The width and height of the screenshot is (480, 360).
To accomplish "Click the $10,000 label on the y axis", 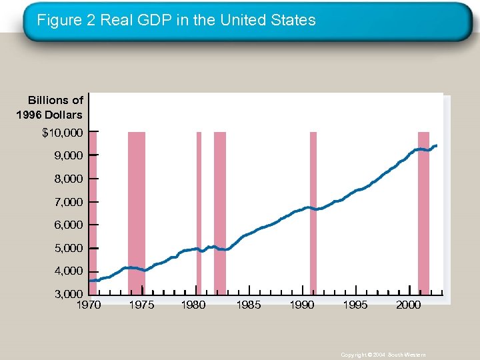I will [63, 133].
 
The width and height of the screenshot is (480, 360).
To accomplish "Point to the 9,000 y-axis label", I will [67, 155].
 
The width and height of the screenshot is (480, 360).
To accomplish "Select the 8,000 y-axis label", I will [67, 179].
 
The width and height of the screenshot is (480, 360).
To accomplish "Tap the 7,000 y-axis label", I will [67, 202].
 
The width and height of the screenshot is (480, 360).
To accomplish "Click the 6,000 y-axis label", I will [67, 225].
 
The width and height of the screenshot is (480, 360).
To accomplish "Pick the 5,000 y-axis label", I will [67, 248].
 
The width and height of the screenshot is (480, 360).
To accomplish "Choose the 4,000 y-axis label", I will [67, 271].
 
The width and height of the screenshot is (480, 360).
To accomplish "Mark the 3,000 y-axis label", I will [67, 294].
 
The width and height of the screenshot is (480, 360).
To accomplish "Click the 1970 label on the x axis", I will [89, 305].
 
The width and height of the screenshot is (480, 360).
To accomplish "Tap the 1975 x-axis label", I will [141, 305].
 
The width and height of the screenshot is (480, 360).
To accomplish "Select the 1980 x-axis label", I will [193, 305].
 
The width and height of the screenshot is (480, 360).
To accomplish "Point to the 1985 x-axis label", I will [248, 305].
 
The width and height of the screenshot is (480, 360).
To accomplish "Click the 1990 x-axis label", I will [301, 305].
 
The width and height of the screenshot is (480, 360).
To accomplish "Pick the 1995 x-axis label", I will [355, 305].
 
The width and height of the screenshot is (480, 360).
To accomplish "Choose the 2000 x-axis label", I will [408, 305].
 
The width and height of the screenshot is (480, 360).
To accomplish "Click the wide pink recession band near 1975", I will [136, 213].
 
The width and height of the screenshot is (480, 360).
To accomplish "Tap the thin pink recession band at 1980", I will [199, 213].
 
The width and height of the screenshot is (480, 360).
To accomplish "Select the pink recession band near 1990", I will [313, 213].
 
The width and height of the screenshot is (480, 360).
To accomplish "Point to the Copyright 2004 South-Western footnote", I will [383, 355].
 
